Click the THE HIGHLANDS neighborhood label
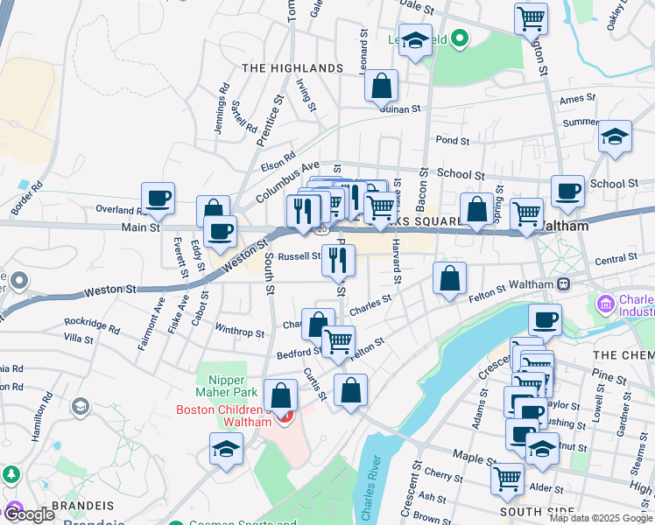point(292,68)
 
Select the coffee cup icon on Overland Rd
point(158,199)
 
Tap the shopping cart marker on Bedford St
point(338,341)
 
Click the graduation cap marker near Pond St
point(616,137)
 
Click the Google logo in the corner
point(29,514)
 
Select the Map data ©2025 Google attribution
point(601,518)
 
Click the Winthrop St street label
point(239,332)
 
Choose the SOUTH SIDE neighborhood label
point(536,512)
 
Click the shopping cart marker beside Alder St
point(508,479)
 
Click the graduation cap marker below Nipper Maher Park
point(226,450)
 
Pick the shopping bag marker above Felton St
point(449,279)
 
